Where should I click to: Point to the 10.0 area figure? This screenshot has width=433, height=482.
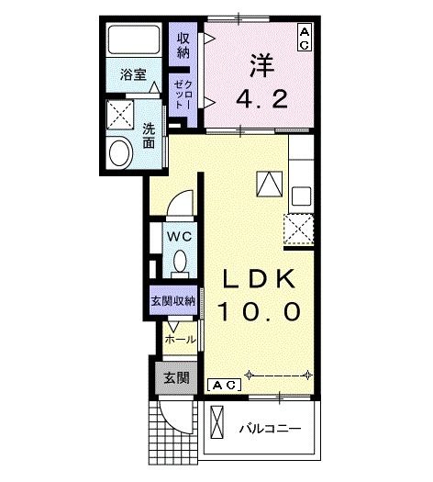pos(259,312)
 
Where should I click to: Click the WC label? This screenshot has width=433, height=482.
pos(179,237)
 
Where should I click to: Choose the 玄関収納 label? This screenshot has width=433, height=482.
pos(172,301)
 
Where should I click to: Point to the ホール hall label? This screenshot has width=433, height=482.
pos(180,339)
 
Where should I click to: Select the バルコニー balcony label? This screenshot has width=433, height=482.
pos(271,428)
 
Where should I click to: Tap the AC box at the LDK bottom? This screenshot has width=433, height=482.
pos(225,385)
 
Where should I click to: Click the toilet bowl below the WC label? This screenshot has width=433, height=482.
pos(180,263)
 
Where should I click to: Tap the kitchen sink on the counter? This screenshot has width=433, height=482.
pos(301,196)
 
